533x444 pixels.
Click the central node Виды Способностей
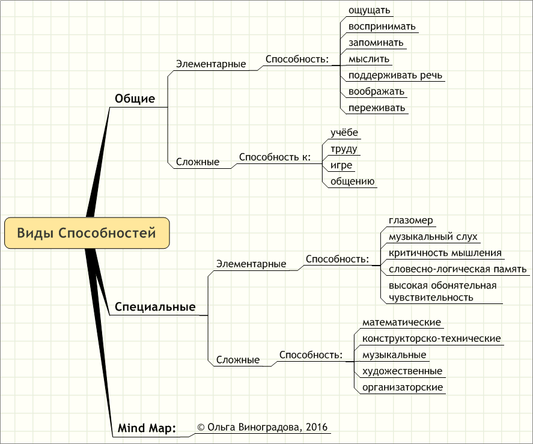pos(87,233)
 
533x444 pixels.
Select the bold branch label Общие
pos(135,99)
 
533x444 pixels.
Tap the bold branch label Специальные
pos(155,306)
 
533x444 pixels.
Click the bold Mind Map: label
pos(147,428)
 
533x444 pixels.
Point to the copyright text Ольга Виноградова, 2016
pos(263,427)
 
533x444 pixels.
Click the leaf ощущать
pos(369,10)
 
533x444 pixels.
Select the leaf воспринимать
pos(382,26)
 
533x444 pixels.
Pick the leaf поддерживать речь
pos(395,75)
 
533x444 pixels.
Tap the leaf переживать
pos(377,108)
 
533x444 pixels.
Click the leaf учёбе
pos(344,132)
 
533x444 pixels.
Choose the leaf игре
pos(341,165)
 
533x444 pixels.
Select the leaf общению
pos(352,181)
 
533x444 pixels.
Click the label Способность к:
pos(275,157)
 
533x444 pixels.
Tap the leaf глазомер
pos(410,220)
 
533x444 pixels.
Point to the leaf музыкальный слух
pos(433,237)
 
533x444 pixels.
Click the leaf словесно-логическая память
pos(457,269)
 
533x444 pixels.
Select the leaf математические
pos(401,322)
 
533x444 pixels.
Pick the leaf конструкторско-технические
pos(431,338)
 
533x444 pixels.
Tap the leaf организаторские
pos(403,388)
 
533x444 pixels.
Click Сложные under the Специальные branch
pos(237,360)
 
